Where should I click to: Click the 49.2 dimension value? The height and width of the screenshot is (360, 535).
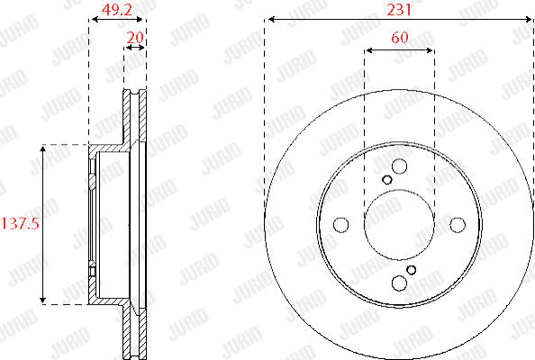pos(117,10)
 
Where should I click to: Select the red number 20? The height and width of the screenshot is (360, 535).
pos(135,38)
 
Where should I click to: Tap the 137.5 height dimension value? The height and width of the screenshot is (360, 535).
pos(21,224)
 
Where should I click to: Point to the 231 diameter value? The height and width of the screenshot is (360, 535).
pos(399,10)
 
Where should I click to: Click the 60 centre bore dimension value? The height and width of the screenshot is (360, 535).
pos(400,37)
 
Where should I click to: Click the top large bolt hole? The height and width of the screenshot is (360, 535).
pos(399,166)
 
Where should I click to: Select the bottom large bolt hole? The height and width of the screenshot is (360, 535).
pos(399,283)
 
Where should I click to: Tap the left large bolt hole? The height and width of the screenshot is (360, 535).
pos(340,225)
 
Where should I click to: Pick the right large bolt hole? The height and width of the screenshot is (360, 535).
pos(458,225)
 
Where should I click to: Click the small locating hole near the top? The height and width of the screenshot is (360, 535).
pos(387,180)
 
